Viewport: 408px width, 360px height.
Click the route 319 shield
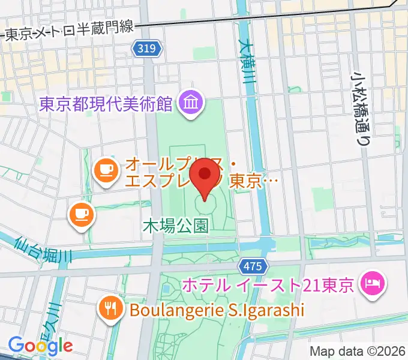tap(148, 51)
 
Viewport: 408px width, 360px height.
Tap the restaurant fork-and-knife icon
tap(110, 308)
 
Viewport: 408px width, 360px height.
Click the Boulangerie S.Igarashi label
tap(215, 310)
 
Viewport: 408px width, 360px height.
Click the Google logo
tap(40, 345)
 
